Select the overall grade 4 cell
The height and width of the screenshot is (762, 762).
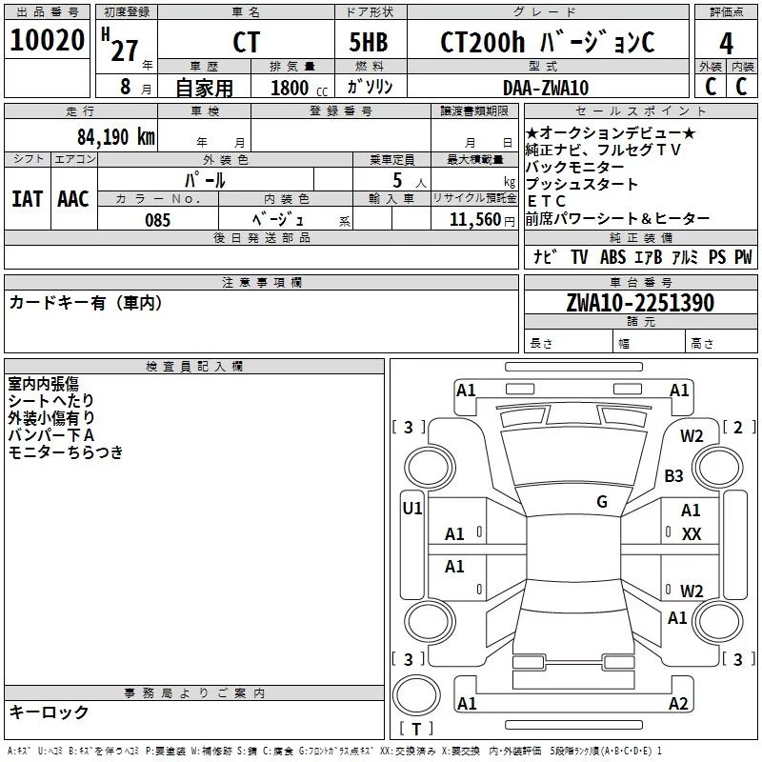pos(726,43)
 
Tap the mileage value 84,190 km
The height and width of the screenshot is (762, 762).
pos(116,135)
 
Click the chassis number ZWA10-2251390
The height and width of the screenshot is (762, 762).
pos(639,303)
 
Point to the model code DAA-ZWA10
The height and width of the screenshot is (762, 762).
pos(545,88)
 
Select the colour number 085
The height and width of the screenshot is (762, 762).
pos(157,220)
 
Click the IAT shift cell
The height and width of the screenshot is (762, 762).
pos(27,199)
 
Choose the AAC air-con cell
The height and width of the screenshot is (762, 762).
pos(72,199)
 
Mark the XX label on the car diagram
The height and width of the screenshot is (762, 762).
pos(692,534)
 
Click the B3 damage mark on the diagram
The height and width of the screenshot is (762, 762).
pos(674,475)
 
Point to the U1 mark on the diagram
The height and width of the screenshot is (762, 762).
pos(412,509)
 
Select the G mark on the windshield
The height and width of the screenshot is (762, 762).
pos(602,501)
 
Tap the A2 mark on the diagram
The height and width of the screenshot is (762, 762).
pos(678,703)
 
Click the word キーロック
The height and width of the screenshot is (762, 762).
pos(49,712)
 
